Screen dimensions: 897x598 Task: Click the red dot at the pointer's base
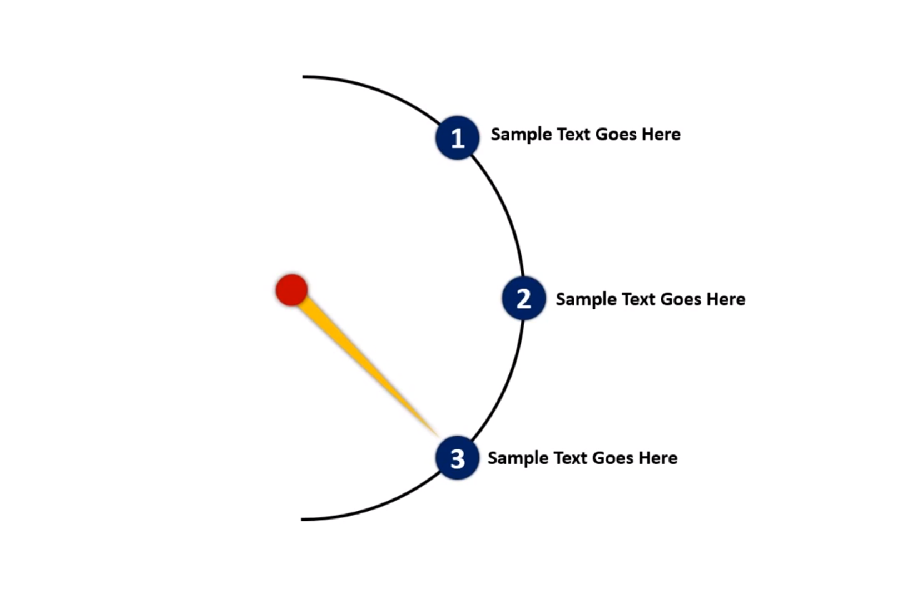click(291, 290)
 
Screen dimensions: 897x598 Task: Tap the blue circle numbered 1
click(457, 138)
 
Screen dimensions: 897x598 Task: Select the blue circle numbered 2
click(523, 299)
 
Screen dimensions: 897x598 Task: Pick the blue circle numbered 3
click(457, 458)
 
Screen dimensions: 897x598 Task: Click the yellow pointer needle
click(361, 361)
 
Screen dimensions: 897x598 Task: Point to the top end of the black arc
click(304, 77)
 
